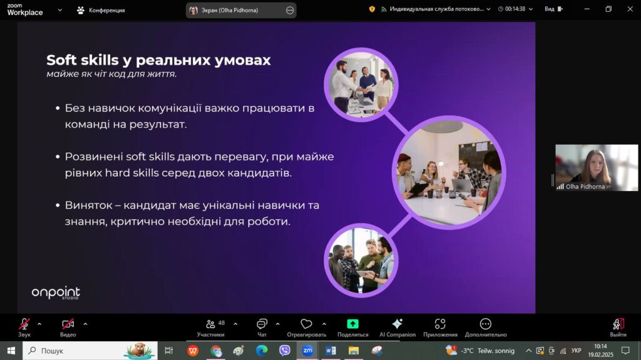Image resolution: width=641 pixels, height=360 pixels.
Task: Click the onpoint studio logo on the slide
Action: pyautogui.click(x=56, y=293)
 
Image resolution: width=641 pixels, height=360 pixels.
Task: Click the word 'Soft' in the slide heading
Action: pyautogui.click(x=62, y=60)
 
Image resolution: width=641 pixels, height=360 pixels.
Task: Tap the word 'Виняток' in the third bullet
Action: pyautogui.click(x=88, y=205)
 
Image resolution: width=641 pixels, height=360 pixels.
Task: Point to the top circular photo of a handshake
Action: pyautogui.click(x=361, y=85)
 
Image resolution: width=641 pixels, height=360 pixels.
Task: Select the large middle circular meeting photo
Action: pyautogui.click(x=449, y=173)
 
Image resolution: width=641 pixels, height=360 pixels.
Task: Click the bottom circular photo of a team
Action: pyautogui.click(x=361, y=260)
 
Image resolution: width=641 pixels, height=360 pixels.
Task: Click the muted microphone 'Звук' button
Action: pyautogui.click(x=24, y=327)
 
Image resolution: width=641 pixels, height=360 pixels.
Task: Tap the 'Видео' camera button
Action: pyautogui.click(x=68, y=327)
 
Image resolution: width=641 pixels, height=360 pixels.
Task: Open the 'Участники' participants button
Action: pyautogui.click(x=211, y=327)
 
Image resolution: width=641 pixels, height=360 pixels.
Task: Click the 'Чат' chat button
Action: pyautogui.click(x=262, y=327)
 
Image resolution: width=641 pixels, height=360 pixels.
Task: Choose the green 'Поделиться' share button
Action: pyautogui.click(x=353, y=327)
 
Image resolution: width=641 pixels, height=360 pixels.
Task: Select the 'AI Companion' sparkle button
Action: pyautogui.click(x=397, y=327)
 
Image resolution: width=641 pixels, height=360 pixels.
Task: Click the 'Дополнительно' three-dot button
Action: pyautogui.click(x=486, y=327)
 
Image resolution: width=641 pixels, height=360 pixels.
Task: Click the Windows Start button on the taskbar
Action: pyautogui.click(x=11, y=351)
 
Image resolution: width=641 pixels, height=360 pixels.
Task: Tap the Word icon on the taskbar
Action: pyautogui.click(x=331, y=351)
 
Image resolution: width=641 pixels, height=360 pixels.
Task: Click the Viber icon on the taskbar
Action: pyautogui.click(x=285, y=350)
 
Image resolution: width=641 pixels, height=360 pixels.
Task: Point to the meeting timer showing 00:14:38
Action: pyautogui.click(x=515, y=9)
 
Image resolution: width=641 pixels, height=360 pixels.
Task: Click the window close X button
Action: pyautogui.click(x=630, y=9)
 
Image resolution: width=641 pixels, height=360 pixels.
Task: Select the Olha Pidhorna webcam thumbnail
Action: pyautogui.click(x=597, y=168)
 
